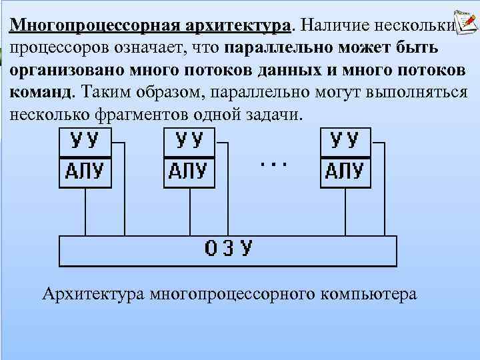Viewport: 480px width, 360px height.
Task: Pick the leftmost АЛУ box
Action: point(85,171)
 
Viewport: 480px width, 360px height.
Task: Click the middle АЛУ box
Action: point(189,171)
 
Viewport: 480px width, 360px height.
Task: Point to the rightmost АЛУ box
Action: point(346,171)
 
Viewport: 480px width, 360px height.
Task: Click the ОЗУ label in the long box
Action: point(228,249)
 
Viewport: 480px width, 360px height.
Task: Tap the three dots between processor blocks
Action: point(273,162)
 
